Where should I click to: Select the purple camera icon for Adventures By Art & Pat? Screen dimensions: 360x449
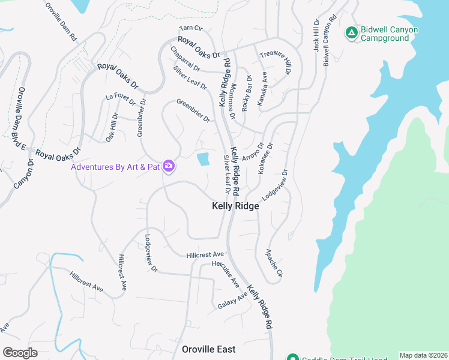point(169,166)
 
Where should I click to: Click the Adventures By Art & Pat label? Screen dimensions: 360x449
point(116,166)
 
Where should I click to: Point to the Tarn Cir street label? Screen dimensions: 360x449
point(191,29)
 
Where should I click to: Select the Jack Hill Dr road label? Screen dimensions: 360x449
point(315,35)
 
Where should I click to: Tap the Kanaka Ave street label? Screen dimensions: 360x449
point(262,89)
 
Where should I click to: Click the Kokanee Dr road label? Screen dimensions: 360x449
point(265,158)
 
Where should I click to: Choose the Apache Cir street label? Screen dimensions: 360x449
point(274,263)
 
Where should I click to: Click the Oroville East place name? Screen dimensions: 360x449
point(209,349)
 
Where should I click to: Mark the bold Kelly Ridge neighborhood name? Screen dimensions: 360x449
point(235,206)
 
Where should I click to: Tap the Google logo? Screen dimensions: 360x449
point(20,353)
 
